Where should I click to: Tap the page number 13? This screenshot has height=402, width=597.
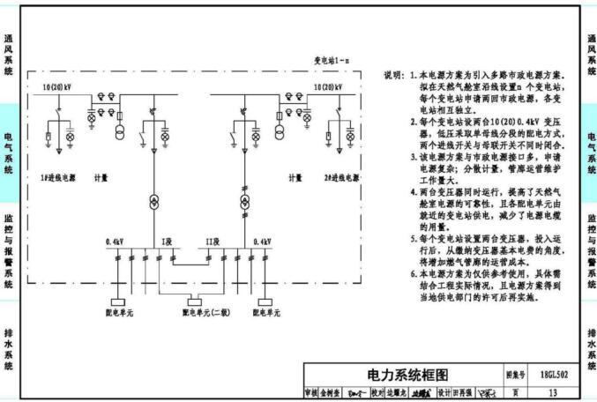tap(553, 392)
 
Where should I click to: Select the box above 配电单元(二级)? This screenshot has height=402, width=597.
tap(190, 301)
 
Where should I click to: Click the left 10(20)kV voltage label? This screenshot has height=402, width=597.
tap(56, 88)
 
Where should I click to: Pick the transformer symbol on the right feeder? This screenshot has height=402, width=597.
tap(244, 200)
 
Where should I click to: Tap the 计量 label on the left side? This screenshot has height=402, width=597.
tap(101, 177)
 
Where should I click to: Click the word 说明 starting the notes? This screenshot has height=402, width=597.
tap(394, 77)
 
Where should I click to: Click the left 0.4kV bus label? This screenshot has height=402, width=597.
tap(115, 241)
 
